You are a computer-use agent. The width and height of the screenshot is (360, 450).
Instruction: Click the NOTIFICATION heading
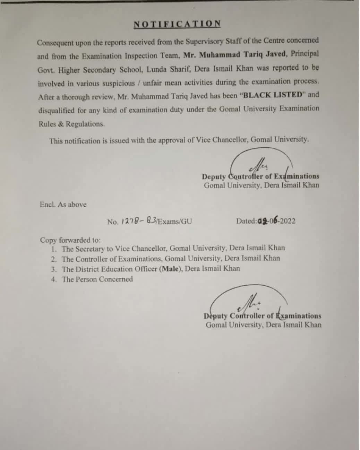coord(177,24)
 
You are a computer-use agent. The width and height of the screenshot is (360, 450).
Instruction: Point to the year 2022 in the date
coord(288,221)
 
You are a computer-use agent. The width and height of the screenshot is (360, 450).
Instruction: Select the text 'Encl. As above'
coord(63,205)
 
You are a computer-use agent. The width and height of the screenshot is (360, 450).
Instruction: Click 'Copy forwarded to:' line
coord(70,240)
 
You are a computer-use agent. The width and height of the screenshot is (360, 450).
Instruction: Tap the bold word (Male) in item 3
coord(171,269)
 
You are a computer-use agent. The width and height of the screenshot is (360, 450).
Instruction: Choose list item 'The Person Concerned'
coord(97,279)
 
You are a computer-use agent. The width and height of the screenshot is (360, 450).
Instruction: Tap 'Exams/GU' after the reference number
coord(175,221)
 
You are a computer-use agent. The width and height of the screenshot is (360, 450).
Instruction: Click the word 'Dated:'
coord(247,221)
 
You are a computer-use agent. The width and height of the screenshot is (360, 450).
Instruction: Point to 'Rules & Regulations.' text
coord(71,124)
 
